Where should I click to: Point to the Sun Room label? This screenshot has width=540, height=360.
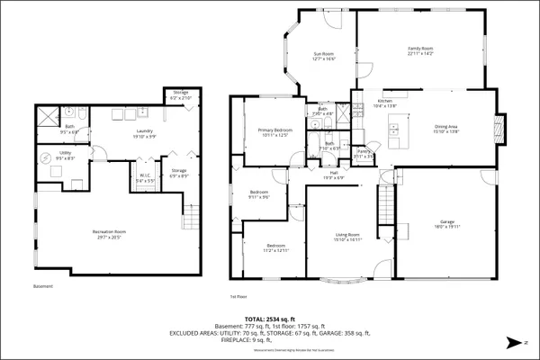(x=324, y=56)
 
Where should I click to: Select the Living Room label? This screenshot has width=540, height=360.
(x=347, y=237)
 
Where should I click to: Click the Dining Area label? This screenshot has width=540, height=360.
(x=447, y=128)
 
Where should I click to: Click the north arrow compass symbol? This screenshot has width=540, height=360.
(x=512, y=341)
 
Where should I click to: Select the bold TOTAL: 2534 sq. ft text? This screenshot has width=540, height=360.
(x=269, y=319)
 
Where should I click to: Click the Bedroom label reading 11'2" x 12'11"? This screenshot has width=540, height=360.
(x=275, y=247)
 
